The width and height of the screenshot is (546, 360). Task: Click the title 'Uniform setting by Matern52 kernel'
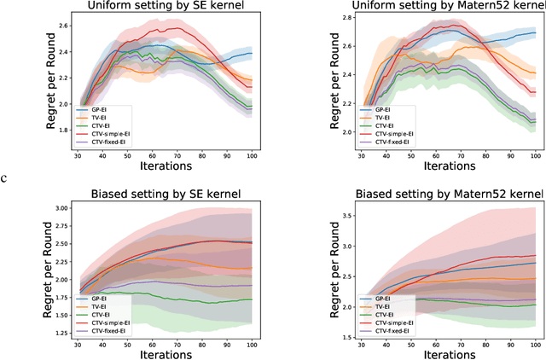click(442, 7)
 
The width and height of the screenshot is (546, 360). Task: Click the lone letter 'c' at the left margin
click(4, 177)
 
